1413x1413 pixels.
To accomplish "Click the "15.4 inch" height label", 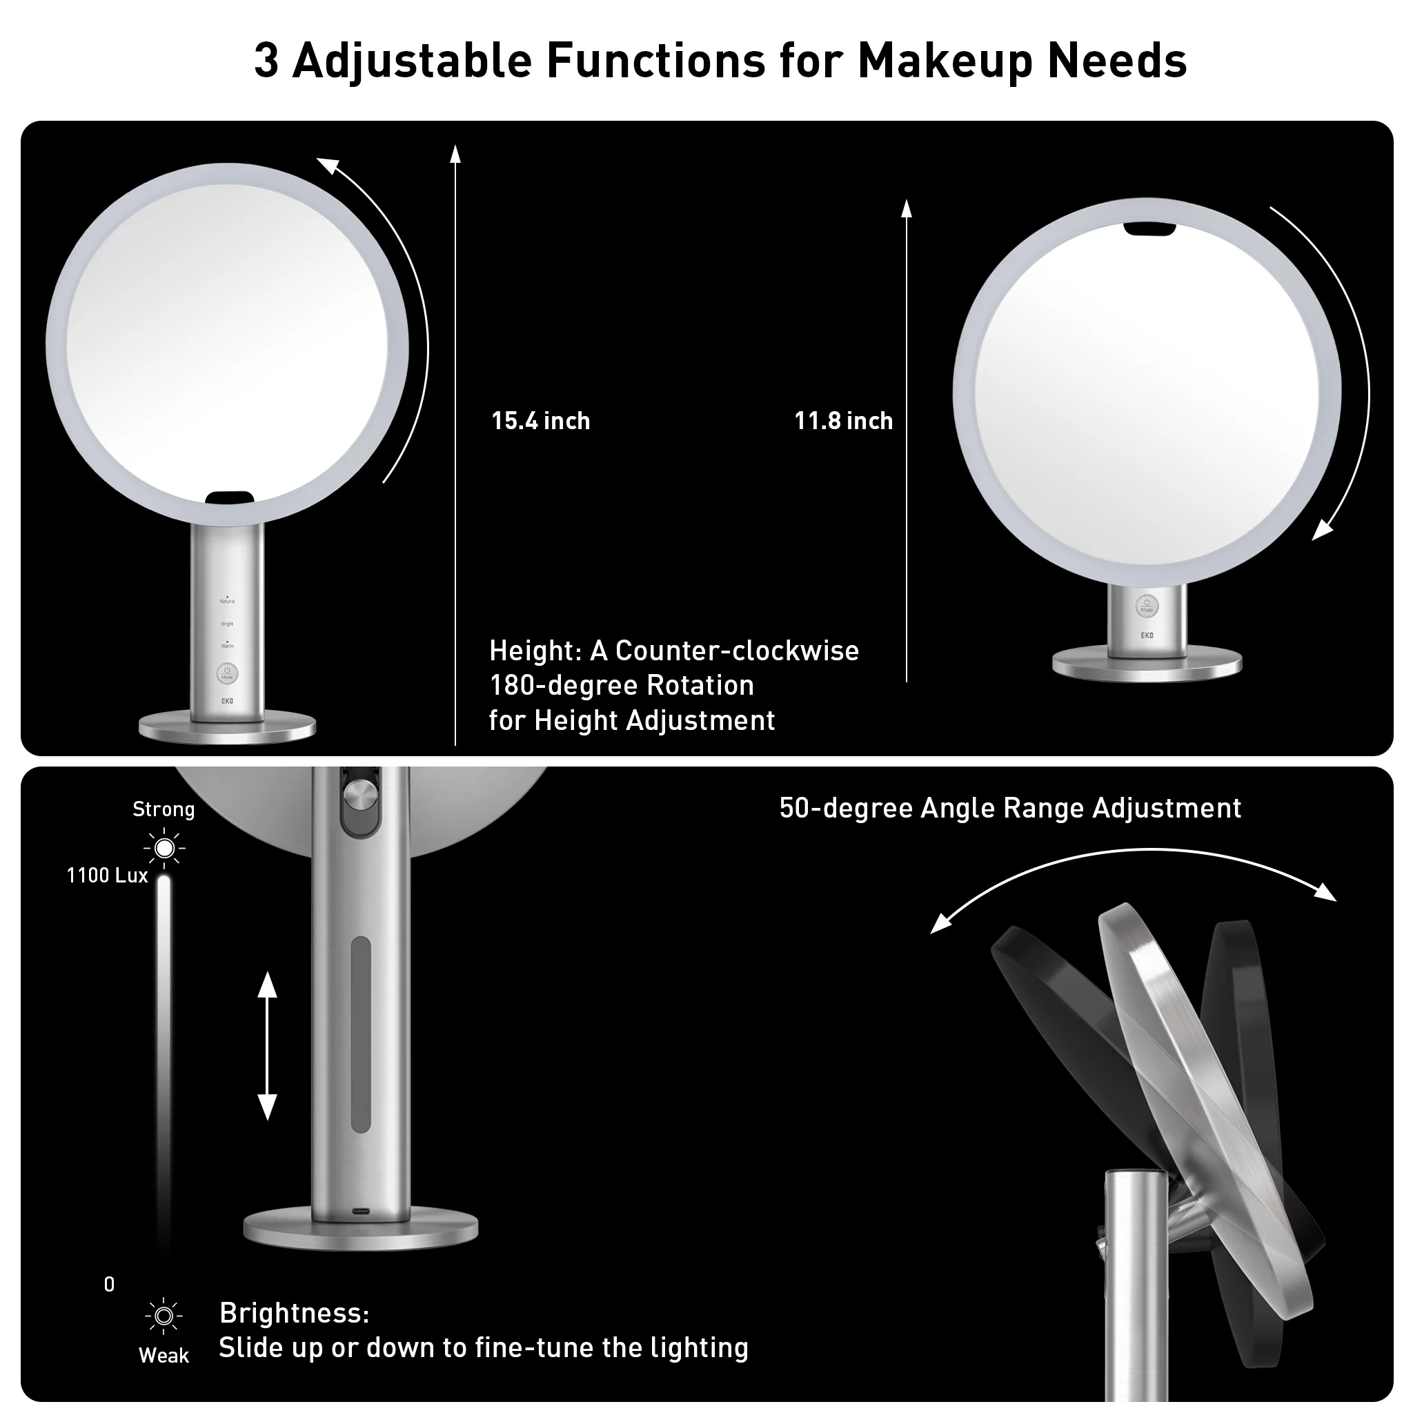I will click(x=540, y=422).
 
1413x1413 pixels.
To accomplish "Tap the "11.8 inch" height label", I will click(x=843, y=422).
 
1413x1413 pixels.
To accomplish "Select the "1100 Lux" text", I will click(x=108, y=876).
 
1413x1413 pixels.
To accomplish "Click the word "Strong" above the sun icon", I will click(x=164, y=809).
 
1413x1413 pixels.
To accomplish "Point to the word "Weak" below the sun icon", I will click(x=164, y=1355).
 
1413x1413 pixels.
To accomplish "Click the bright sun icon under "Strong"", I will click(x=165, y=849).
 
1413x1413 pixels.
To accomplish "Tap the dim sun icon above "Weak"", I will click(x=164, y=1316).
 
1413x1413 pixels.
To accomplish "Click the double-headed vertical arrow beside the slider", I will click(x=268, y=1046).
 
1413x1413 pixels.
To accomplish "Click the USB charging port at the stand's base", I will click(x=362, y=1211).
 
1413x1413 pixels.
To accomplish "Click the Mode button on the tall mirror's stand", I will click(x=227, y=673).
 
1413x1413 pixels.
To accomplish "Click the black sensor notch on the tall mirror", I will click(x=230, y=499).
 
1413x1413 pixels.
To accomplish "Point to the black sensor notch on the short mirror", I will click(x=1149, y=230).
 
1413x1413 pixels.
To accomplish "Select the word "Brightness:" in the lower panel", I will click(x=295, y=1313).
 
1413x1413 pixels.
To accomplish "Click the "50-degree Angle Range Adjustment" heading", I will click(x=1010, y=808).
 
